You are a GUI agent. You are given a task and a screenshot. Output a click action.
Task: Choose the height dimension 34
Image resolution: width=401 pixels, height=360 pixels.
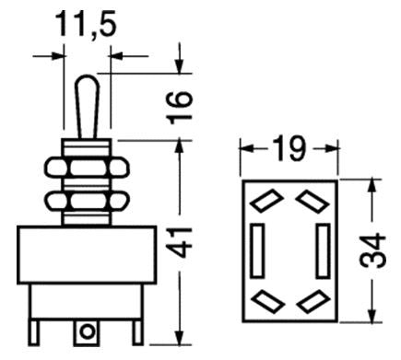371,250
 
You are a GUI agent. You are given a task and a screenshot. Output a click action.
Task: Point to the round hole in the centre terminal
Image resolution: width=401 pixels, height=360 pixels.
88,330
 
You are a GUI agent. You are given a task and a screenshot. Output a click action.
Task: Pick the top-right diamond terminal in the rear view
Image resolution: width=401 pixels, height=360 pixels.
310,198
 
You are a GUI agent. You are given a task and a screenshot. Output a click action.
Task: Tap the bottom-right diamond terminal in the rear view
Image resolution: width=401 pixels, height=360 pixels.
310,298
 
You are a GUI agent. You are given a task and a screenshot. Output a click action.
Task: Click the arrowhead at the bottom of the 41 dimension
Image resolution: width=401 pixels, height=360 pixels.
178,334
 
